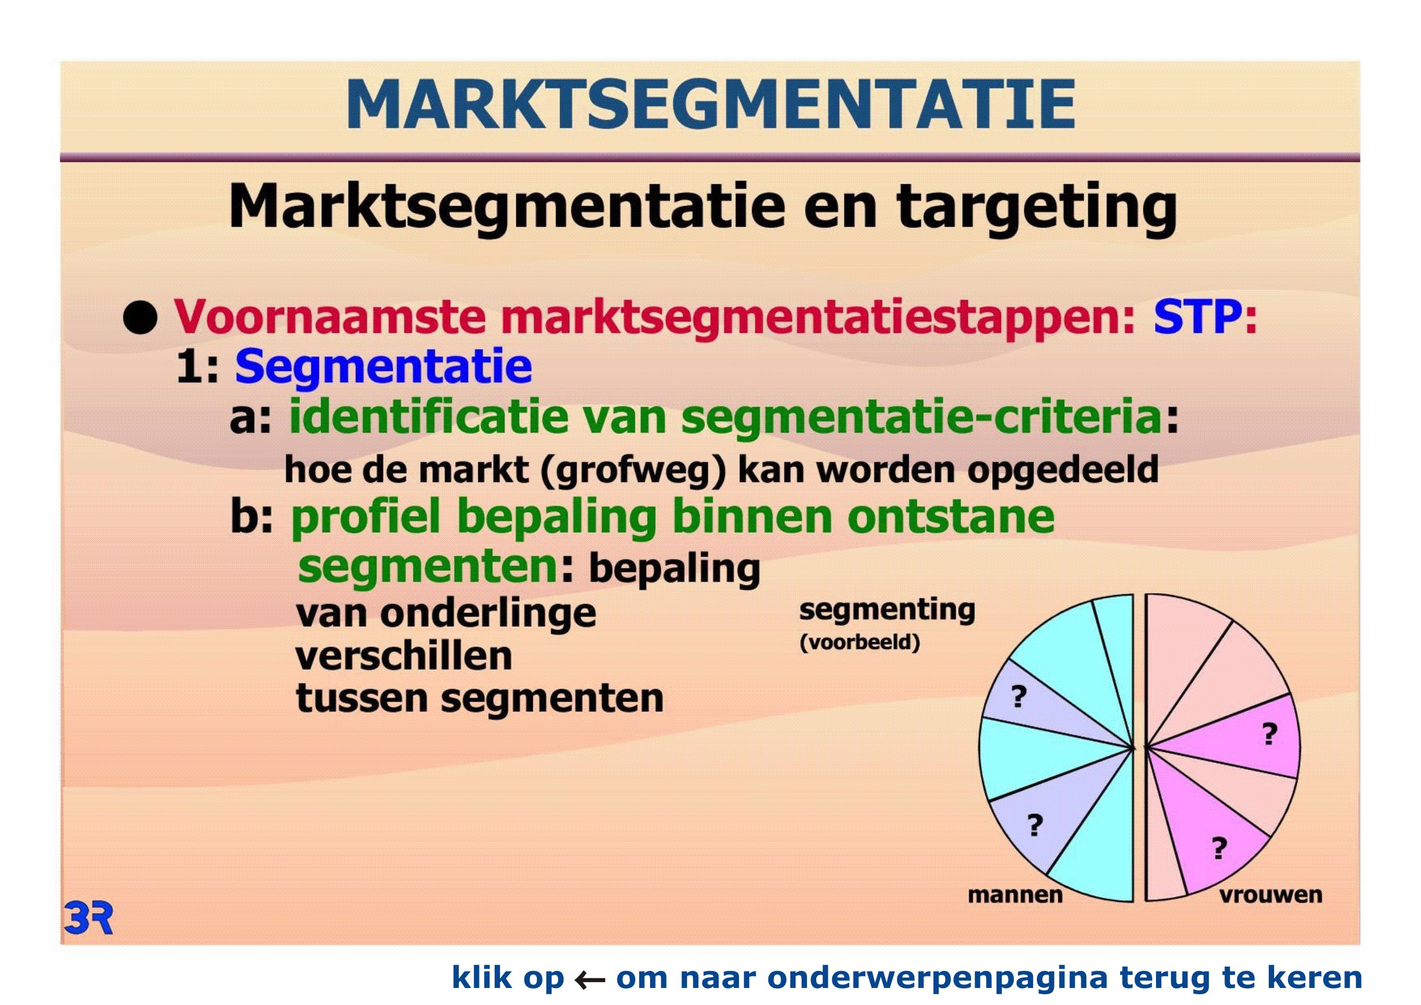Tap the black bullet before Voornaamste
[140, 317]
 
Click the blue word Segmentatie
[383, 368]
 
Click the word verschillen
[403, 656]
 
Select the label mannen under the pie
[1015, 895]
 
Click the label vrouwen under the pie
[1271, 895]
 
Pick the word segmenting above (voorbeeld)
[887, 611]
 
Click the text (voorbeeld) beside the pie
[860, 642]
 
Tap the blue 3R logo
[88, 918]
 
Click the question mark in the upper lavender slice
[1018, 697]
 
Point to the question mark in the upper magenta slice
[1270, 734]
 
